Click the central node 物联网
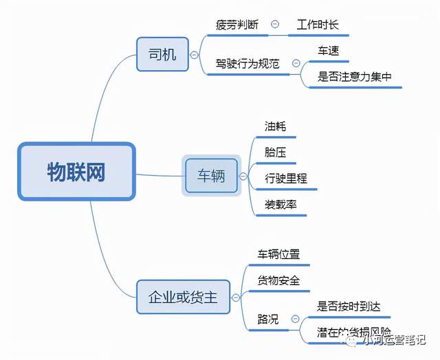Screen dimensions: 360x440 [76, 172]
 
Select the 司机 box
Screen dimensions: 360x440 [162, 54]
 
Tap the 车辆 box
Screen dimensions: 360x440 [211, 176]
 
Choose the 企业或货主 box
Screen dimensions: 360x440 [183, 297]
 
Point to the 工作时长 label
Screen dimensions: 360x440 [318, 24]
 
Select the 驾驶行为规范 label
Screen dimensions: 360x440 [247, 64]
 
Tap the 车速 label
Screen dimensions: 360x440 [328, 51]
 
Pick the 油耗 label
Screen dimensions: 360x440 [276, 126]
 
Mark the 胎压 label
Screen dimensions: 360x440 [276, 153]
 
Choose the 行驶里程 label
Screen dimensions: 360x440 [286, 179]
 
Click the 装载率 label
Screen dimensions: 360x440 [280, 205]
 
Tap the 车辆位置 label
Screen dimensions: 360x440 [278, 254]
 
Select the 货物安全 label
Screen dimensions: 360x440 [278, 280]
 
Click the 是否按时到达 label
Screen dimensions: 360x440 [349, 306]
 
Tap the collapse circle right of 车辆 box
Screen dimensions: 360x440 [242, 176]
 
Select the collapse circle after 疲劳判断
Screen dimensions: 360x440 [275, 24]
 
